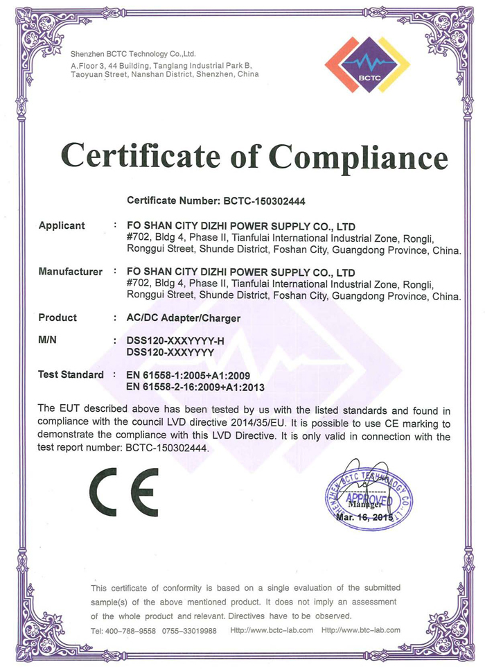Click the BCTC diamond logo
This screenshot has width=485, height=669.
[x=367, y=64]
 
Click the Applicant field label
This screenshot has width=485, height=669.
[x=62, y=225]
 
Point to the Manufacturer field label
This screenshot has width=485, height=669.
[x=70, y=272]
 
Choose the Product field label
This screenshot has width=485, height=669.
[x=58, y=318]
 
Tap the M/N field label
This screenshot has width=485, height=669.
[x=50, y=340]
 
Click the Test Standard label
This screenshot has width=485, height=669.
[x=71, y=374]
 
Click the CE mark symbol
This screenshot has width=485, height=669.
[x=124, y=492]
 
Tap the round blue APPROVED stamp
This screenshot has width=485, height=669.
[x=369, y=498]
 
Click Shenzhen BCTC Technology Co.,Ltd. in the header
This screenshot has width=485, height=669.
[x=133, y=53]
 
